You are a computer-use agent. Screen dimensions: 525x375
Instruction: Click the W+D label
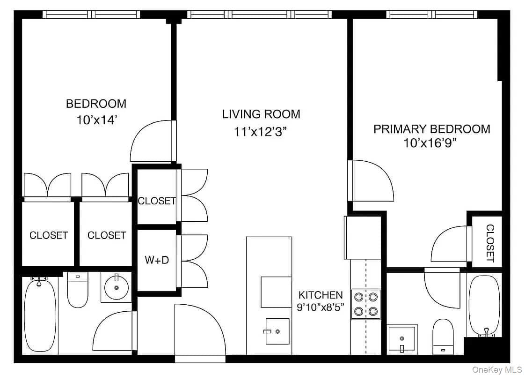coord(157,260)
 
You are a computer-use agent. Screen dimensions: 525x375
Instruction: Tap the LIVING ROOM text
coord(261,114)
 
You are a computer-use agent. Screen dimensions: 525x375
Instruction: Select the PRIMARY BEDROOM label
coord(431,129)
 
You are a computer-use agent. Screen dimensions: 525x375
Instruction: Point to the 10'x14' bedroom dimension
coord(96,120)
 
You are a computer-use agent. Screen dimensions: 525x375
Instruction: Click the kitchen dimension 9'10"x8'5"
coord(321,307)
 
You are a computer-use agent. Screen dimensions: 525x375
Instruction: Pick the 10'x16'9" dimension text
coord(430,143)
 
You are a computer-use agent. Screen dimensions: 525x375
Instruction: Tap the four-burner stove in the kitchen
coord(365,304)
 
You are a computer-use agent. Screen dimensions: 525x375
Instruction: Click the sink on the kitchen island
coord(277,331)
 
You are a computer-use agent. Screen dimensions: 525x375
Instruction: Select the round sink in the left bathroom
coord(116,287)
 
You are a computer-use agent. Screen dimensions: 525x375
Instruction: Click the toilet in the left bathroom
coord(78,289)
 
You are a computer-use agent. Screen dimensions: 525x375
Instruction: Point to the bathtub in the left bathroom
coord(40,315)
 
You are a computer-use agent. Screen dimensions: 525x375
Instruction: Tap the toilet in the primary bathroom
coord(443,336)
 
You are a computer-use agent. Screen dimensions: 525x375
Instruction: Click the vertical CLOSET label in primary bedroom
coord(489,243)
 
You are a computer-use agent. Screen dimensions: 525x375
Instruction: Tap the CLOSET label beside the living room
coord(157,201)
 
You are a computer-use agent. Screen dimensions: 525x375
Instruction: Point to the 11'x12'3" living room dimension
coord(261,132)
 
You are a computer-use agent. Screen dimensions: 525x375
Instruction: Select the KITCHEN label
coord(321,295)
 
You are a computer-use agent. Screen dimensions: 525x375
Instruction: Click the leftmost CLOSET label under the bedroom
coord(49,235)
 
